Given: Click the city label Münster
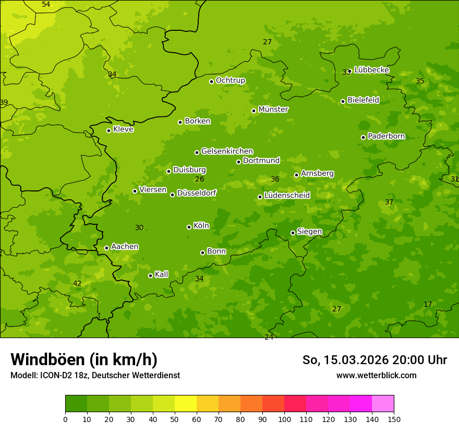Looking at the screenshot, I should click(x=273, y=110).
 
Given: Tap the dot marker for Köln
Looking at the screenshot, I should click(x=189, y=227).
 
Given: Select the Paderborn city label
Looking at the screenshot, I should click(x=386, y=136).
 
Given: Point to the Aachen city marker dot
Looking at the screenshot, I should click(x=106, y=248).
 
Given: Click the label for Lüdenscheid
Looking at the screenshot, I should click(x=287, y=196).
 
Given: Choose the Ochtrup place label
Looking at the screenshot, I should click(x=230, y=80).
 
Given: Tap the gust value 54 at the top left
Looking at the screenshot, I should click(x=46, y=4).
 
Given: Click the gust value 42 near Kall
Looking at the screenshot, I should click(x=77, y=283).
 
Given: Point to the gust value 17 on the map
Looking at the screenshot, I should click(x=428, y=304).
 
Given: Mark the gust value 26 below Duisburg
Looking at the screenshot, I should click(x=199, y=179).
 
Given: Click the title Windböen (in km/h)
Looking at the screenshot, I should click(x=84, y=359).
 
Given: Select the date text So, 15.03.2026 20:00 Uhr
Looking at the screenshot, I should click(x=375, y=360).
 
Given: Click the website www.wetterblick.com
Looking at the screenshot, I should click(x=376, y=375).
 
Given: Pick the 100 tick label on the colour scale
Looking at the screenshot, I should click(x=284, y=419).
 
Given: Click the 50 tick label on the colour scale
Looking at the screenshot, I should click(x=175, y=419).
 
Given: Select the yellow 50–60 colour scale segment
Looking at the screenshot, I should click(x=186, y=404).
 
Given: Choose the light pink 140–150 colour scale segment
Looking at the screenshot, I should click(x=383, y=404).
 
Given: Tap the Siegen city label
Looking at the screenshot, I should click(x=309, y=232).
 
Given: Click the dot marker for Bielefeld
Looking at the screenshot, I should click(x=343, y=101).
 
